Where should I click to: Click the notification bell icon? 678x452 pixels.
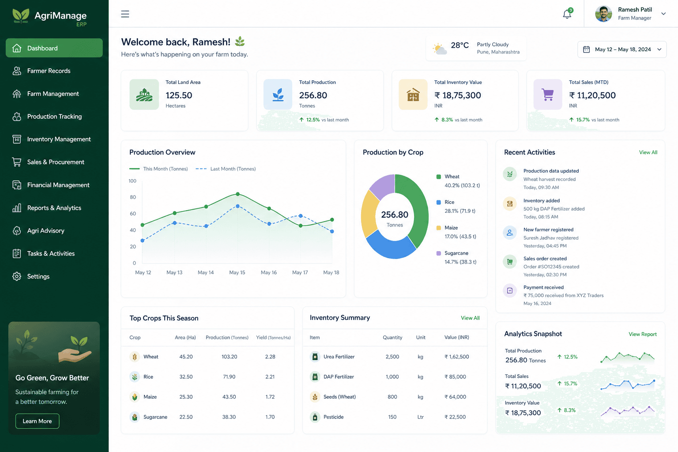point(567,14)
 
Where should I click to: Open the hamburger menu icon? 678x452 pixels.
point(125,14)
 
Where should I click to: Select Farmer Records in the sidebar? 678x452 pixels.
point(49,71)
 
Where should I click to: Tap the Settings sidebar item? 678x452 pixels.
point(38,276)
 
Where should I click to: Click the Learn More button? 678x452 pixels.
point(37,421)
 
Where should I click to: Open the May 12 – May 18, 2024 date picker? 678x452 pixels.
point(622,49)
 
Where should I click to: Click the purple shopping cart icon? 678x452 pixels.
point(547,94)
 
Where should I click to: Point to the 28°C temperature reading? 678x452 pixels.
point(460,45)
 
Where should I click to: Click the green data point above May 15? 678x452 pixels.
point(237,194)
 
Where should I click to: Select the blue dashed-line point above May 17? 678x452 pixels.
point(300,216)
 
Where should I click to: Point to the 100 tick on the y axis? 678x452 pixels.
point(132,181)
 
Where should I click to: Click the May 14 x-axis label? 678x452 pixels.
point(206,272)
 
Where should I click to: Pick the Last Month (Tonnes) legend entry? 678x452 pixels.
point(226,169)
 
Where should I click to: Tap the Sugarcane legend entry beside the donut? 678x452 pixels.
point(456,257)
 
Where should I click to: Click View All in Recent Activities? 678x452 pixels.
point(648,152)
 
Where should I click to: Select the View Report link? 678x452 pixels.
point(643,334)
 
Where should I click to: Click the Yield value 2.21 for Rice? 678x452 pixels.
point(270,377)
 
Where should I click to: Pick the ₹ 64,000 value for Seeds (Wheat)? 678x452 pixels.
point(455,397)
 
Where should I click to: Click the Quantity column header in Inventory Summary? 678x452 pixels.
point(392,337)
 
